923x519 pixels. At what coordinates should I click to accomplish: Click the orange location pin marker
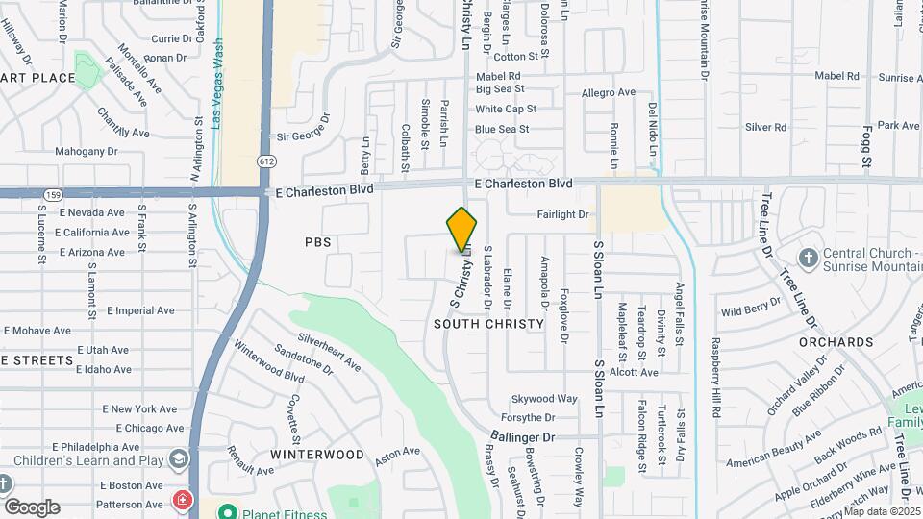(x=462, y=230)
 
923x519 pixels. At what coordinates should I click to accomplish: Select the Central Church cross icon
(x=808, y=257)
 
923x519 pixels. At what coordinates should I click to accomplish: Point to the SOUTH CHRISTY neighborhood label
(x=488, y=324)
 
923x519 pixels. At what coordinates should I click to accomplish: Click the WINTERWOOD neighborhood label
(x=316, y=454)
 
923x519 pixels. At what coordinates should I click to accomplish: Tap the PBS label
(x=318, y=242)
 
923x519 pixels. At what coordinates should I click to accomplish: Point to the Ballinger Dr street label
(x=523, y=437)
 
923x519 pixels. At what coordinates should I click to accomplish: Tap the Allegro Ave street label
(x=609, y=92)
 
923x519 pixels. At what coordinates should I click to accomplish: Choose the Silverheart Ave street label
(x=329, y=352)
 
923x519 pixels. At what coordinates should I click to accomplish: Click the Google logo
(x=32, y=507)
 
